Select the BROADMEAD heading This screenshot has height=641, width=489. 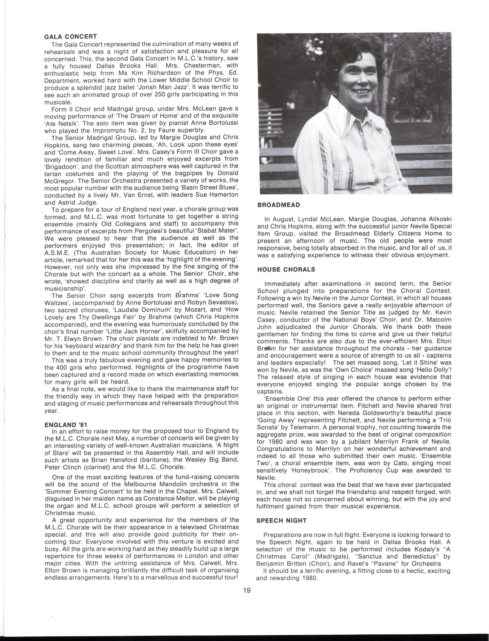click(x=278, y=205)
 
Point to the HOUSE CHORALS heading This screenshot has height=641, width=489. click(x=286, y=269)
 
